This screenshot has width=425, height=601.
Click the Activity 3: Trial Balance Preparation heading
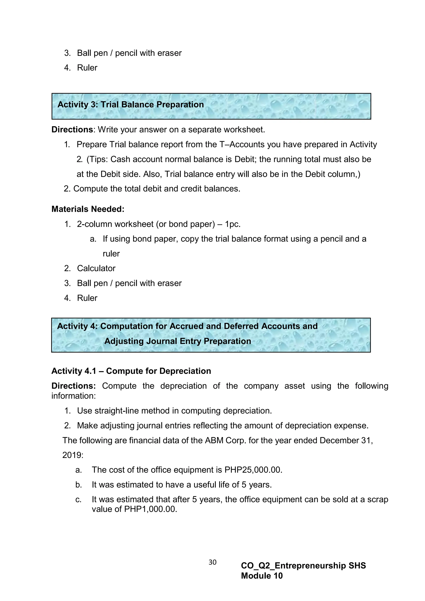click(x=130, y=104)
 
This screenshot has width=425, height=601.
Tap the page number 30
click(x=212, y=562)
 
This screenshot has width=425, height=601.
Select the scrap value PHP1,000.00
click(x=150, y=509)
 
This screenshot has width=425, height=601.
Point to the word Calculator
click(x=96, y=268)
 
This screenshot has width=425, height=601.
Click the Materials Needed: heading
click(x=88, y=209)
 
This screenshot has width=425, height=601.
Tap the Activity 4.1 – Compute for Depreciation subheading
click(x=131, y=371)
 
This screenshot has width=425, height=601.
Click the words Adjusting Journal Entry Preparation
click(x=177, y=341)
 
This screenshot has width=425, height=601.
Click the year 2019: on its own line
click(x=73, y=455)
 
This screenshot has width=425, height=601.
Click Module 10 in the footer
click(x=262, y=576)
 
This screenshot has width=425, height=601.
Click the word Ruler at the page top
click(x=87, y=68)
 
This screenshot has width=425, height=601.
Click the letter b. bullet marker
click(x=78, y=485)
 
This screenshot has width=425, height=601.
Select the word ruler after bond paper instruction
click(x=111, y=254)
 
